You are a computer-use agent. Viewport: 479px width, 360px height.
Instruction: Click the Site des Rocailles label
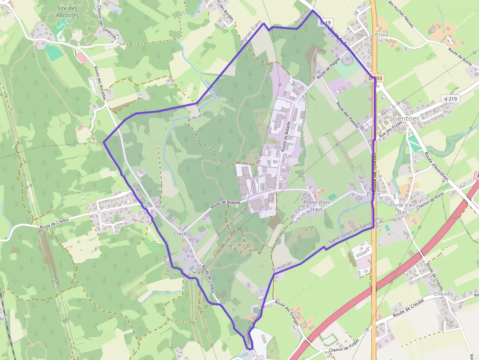tap(68, 12)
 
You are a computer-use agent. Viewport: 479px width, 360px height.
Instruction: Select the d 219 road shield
tap(451, 99)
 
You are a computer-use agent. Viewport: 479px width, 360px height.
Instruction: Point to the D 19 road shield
tap(326, 22)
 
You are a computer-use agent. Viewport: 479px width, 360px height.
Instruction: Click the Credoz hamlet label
tap(182, 234)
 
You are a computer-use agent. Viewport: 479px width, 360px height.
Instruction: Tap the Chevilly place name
tap(443, 294)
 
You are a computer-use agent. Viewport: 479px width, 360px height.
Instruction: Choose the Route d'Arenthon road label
tap(436, 167)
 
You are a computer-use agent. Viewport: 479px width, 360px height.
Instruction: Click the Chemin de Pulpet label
tap(344, 348)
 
